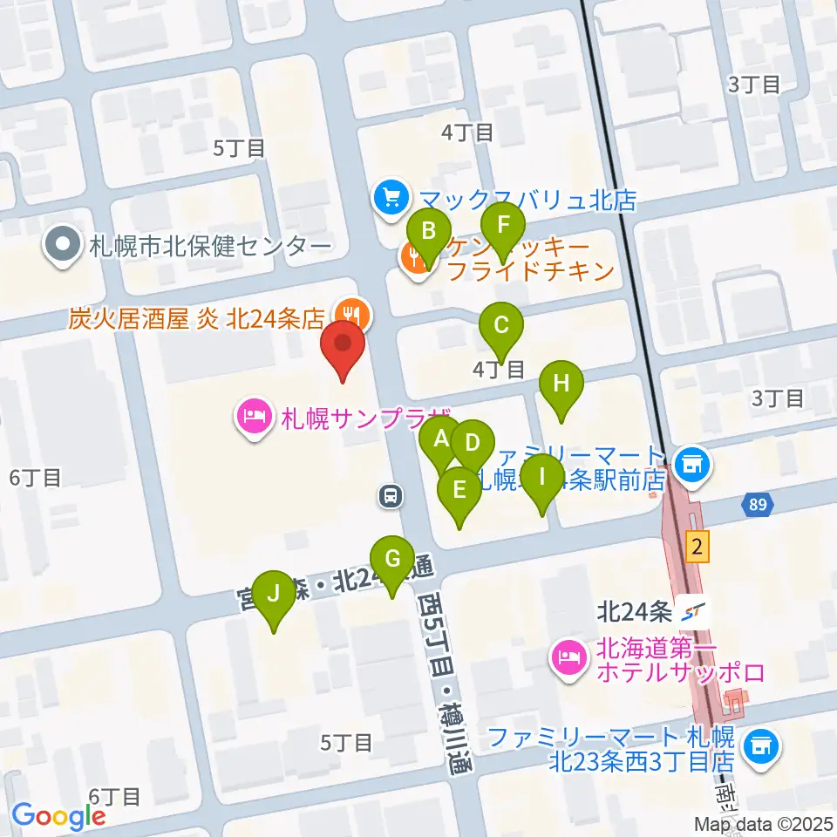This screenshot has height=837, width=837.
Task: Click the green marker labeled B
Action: pyautogui.click(x=429, y=233)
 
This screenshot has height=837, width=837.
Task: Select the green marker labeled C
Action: pyautogui.click(x=501, y=327)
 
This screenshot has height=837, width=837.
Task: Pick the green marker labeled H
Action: pyautogui.click(x=561, y=384)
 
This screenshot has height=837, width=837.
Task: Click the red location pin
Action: pyautogui.click(x=344, y=346)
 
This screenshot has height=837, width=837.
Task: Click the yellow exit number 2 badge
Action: pyautogui.click(x=695, y=547)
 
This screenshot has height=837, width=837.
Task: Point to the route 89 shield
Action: pyautogui.click(x=757, y=505)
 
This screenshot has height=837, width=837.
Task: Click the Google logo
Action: pyautogui.click(x=58, y=816)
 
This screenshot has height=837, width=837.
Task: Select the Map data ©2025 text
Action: pyautogui.click(x=762, y=823)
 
